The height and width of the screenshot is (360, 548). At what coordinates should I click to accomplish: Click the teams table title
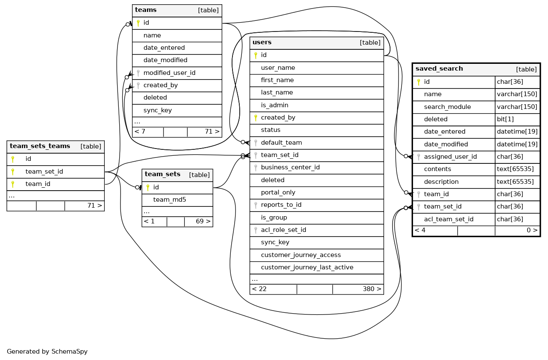coord(146,10)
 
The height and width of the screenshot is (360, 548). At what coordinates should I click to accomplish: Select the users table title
coord(262,43)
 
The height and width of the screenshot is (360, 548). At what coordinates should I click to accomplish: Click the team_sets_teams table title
coord(40,146)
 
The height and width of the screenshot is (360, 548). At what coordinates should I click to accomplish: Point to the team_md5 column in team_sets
coord(169,200)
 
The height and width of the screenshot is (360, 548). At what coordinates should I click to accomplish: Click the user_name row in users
coord(278,68)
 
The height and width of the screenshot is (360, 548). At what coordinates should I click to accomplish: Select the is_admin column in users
coord(274,105)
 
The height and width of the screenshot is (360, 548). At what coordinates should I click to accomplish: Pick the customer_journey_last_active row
coord(307,268)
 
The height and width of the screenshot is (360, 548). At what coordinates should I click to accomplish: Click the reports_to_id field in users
coord(281,205)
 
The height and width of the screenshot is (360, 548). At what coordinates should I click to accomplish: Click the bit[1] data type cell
coord(505,119)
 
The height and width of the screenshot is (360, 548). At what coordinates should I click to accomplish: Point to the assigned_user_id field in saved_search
coord(450,157)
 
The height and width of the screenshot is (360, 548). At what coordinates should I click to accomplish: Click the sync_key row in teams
coord(158,110)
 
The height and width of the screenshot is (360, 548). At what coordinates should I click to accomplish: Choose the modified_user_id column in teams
coord(169,73)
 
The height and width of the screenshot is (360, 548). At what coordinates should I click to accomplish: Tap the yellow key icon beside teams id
coord(138,23)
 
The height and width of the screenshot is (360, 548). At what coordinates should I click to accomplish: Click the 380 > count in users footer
coord(372,289)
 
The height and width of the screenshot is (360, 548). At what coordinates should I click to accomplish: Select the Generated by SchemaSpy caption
coord(47,352)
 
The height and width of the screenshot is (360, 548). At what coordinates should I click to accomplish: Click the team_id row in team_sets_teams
coord(38,184)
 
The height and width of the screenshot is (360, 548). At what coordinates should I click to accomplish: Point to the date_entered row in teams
coord(164,48)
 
